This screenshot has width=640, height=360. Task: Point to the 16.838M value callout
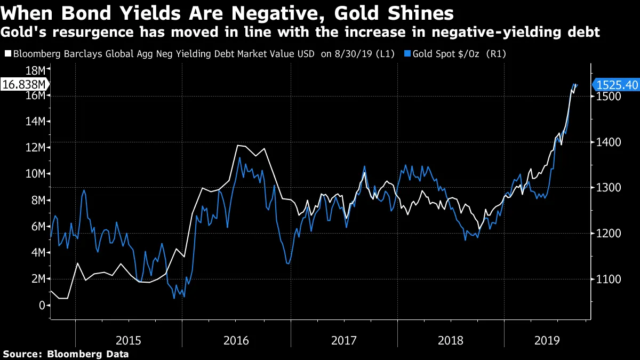point(24,84)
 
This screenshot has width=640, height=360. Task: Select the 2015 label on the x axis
point(129,340)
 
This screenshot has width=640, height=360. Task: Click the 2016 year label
point(236,340)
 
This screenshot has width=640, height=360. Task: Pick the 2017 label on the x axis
point(344,340)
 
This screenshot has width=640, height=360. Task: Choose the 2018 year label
point(451,340)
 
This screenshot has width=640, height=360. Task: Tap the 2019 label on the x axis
point(547,340)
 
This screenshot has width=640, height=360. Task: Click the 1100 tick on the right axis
point(607,279)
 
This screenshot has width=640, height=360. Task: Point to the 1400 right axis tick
point(607,142)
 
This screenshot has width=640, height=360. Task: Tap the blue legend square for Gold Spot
point(407,54)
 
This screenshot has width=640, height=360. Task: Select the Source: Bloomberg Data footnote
point(66,354)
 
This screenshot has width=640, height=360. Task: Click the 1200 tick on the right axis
point(607,234)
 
